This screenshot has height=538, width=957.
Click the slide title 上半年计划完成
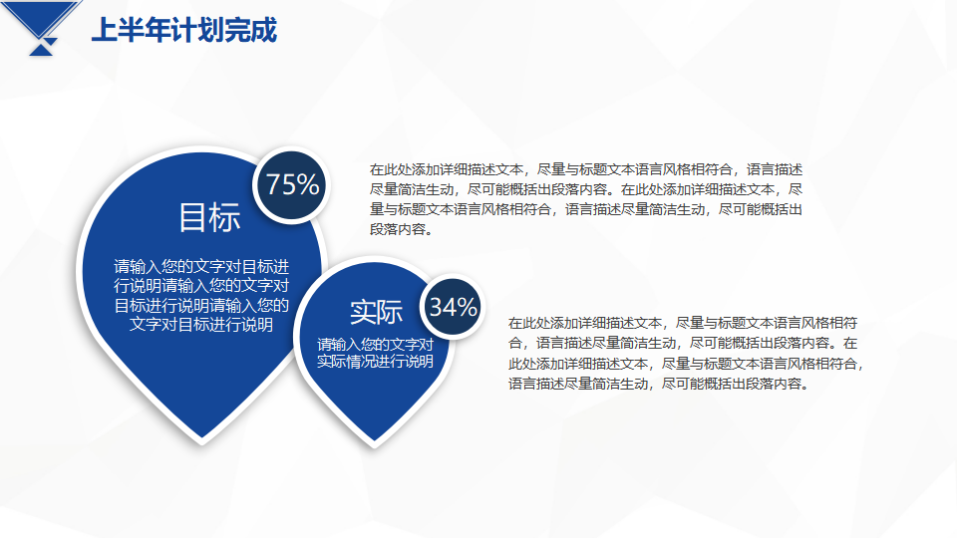(x=184, y=30)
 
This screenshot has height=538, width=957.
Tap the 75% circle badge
(x=292, y=185)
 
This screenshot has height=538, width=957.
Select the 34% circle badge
(x=453, y=307)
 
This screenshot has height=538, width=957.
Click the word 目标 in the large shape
(x=209, y=217)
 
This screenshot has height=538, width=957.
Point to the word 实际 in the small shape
(x=376, y=312)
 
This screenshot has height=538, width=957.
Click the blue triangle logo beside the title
(x=42, y=28)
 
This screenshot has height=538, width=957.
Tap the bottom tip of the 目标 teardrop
(x=202, y=440)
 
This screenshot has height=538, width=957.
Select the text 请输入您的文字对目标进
(x=201, y=267)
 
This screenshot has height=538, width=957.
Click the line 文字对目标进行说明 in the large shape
(x=201, y=324)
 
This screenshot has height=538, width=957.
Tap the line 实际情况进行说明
(x=375, y=361)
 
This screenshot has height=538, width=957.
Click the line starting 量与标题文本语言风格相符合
(x=586, y=209)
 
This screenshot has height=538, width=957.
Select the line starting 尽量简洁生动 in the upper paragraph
(x=586, y=189)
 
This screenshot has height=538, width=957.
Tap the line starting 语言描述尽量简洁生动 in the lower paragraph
(x=660, y=384)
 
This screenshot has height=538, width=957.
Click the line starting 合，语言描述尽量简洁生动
(x=683, y=343)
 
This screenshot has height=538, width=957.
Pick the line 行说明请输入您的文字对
(x=201, y=286)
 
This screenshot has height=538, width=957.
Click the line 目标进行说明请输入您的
(x=201, y=305)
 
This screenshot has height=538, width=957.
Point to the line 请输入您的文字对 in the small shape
(x=375, y=345)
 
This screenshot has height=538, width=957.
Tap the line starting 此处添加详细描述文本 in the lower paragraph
(x=687, y=364)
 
